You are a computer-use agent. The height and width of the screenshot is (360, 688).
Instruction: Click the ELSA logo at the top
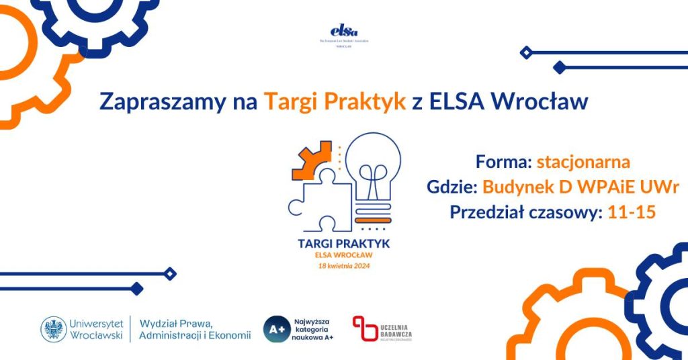(x=344, y=31)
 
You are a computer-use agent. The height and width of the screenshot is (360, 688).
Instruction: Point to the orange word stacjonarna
(x=583, y=162)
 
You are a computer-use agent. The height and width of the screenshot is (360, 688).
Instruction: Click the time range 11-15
(x=631, y=212)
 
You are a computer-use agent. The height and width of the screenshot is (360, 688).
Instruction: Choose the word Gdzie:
(x=451, y=187)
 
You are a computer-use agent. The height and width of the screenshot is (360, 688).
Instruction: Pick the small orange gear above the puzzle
(x=312, y=161)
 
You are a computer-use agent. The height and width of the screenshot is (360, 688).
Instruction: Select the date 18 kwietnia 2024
(x=344, y=265)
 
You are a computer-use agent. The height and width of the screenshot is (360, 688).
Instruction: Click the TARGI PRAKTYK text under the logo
(x=344, y=244)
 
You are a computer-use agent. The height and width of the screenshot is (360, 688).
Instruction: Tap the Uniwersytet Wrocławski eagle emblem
(x=54, y=329)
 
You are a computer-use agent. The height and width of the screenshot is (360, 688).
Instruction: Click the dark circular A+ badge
(x=276, y=329)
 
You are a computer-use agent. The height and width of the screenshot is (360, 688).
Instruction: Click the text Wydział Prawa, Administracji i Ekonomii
(x=195, y=328)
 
